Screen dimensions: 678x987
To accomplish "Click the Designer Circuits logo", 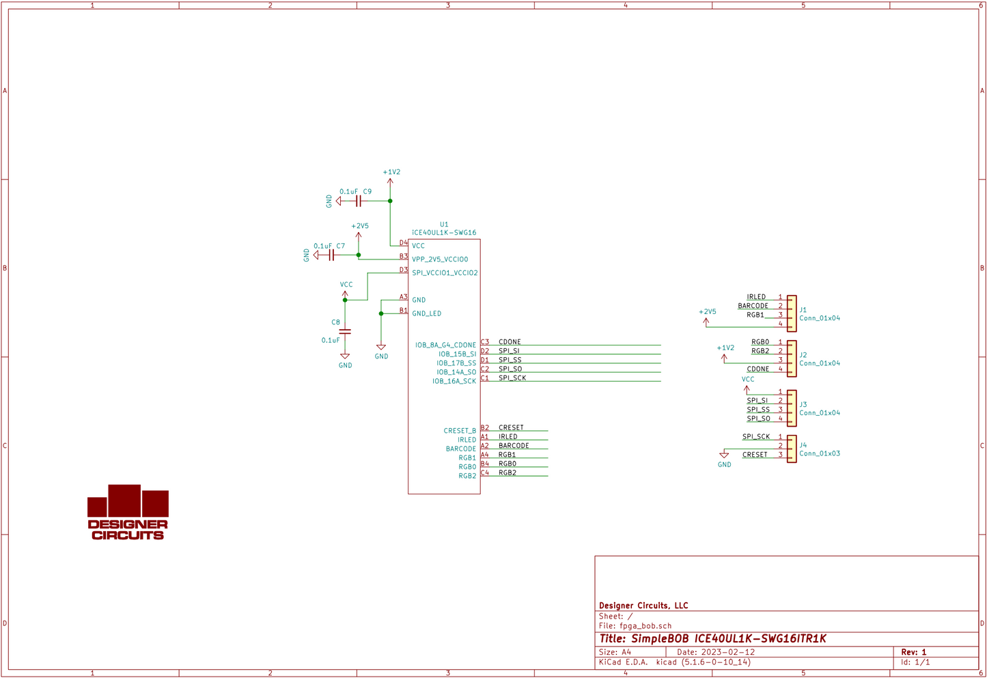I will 128,513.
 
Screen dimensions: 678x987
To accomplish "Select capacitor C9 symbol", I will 358,201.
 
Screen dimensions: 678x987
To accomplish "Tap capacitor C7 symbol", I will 332,255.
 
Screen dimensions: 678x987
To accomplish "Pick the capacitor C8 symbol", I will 345,331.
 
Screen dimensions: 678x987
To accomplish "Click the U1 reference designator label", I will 444,224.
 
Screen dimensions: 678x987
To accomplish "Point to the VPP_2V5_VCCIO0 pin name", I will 440,259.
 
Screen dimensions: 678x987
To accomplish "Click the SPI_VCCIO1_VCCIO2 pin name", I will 445,273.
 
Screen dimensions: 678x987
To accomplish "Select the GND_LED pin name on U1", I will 426,314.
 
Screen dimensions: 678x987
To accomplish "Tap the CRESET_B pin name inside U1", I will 460,431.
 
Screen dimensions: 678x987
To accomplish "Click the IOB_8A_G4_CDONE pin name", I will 445,345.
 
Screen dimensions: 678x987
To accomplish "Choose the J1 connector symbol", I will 792,313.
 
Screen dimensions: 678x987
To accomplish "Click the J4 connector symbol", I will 792,449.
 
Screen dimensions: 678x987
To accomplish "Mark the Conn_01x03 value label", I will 820,453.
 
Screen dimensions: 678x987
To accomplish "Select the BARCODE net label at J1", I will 753,306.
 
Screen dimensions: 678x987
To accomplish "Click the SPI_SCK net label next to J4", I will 756,436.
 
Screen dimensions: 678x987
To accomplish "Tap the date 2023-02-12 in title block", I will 727,652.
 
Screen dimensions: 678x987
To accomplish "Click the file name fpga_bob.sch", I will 645,625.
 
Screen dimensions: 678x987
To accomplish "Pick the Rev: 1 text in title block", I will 913,652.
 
